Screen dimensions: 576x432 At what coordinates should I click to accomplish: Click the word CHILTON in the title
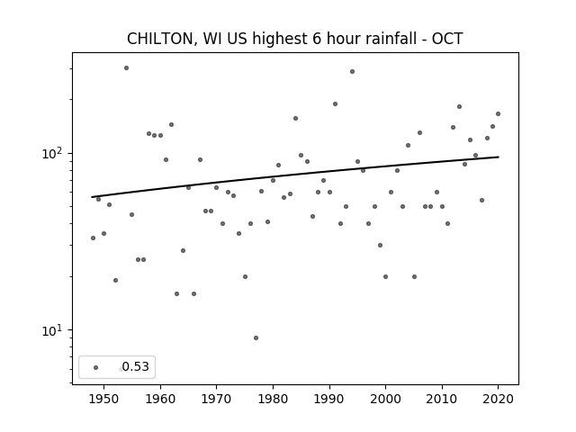pos(160,39)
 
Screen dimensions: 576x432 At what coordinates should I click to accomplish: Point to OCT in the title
pos(447,39)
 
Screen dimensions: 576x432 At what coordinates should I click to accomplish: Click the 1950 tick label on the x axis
pos(104,399)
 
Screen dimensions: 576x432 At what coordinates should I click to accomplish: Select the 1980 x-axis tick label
pos(273,399)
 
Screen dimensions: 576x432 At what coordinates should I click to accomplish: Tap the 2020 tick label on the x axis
pos(498,399)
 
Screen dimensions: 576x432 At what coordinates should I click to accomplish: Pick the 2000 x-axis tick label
pos(386,399)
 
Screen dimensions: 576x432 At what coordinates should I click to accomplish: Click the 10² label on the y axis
pos(51,153)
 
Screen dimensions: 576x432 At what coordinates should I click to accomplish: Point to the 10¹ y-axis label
pos(51,330)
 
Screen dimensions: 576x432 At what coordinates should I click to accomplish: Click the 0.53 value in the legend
pos(136,366)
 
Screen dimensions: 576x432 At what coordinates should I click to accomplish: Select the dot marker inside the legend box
pos(96,367)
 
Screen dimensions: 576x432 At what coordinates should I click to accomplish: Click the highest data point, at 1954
pos(126,68)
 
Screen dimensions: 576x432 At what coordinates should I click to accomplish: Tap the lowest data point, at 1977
pos(256,338)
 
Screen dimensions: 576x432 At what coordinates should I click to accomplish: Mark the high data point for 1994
pos(352,72)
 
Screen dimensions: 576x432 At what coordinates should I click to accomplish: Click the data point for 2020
pos(498,114)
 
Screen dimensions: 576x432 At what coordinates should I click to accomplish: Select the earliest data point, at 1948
pos(93,238)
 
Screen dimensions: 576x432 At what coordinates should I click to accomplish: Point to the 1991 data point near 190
pos(335,104)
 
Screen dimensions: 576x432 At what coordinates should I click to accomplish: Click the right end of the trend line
pos(499,157)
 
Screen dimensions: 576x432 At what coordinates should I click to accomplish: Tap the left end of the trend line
pos(92,197)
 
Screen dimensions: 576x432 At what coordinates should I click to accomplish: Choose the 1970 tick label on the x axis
pos(216,399)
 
